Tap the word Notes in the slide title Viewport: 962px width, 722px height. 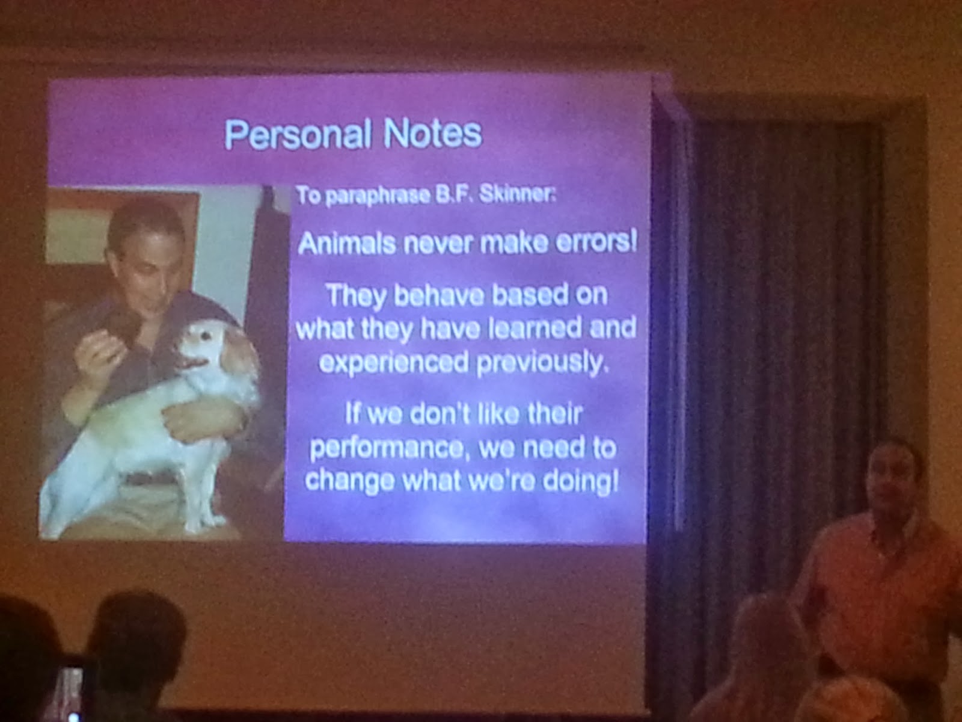coord(433,133)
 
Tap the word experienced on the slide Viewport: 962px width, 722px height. coord(393,363)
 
